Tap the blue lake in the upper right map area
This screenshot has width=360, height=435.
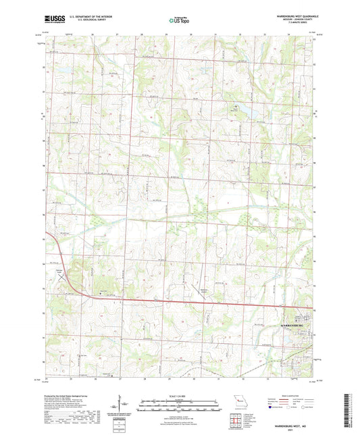(241, 109)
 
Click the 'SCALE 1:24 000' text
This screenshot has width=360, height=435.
(180, 394)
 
